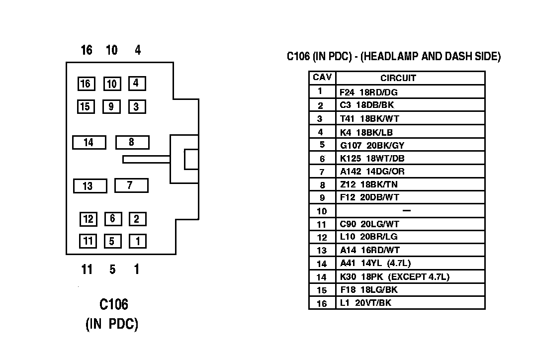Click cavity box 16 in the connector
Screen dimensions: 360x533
tap(86, 84)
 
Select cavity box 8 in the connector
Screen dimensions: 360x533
tap(132, 142)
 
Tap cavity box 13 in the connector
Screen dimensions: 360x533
tap(89, 186)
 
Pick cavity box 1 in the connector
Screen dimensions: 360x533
tap(138, 242)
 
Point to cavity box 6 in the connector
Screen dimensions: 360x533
tap(113, 219)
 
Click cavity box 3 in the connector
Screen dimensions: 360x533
tap(137, 106)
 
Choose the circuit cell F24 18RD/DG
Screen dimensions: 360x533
tap(368, 92)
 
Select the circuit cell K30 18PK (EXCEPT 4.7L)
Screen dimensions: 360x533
tap(396, 277)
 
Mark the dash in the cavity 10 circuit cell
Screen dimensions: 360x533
tap(406, 211)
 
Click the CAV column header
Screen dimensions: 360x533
tap(322, 78)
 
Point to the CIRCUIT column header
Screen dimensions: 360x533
tap(398, 78)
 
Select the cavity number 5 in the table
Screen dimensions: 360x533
tap(322, 145)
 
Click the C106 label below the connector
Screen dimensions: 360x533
tap(114, 304)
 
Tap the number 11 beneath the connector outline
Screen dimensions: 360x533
tap(87, 270)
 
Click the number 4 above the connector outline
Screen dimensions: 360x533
tap(138, 50)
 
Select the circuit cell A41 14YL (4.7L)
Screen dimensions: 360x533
tap(375, 264)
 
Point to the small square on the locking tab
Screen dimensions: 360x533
tap(191, 159)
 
